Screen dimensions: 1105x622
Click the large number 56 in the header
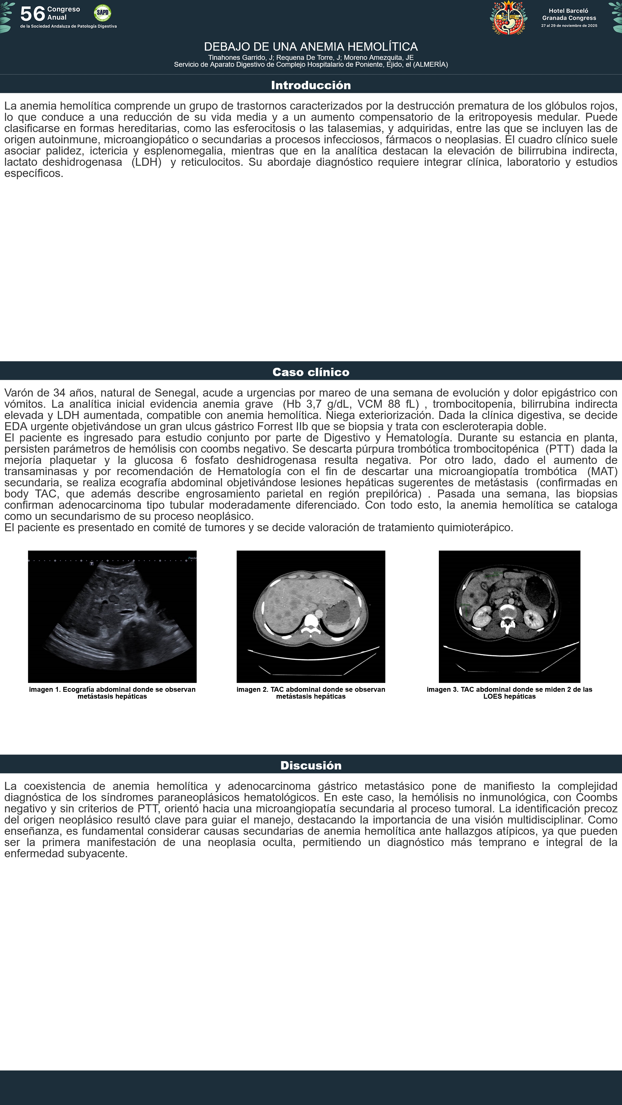32,14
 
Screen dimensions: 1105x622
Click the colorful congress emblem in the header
508,18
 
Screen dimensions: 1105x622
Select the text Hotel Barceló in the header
568,11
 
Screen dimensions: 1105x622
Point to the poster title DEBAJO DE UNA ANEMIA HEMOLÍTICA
311,47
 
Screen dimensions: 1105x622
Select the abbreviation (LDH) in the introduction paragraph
146,162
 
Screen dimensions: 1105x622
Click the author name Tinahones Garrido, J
240,58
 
